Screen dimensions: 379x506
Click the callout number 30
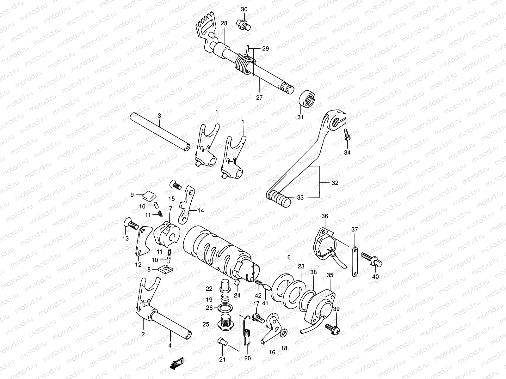pyautogui.click(x=244, y=9)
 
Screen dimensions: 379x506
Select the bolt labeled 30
pyautogui.click(x=243, y=24)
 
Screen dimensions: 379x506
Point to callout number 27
pyautogui.click(x=259, y=98)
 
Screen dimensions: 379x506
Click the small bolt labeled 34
pyautogui.click(x=347, y=136)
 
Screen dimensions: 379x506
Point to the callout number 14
pyautogui.click(x=201, y=211)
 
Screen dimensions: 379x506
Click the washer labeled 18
pyautogui.click(x=284, y=332)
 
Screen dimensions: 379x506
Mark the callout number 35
pyautogui.click(x=330, y=275)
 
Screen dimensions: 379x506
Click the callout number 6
pyautogui.click(x=289, y=258)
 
